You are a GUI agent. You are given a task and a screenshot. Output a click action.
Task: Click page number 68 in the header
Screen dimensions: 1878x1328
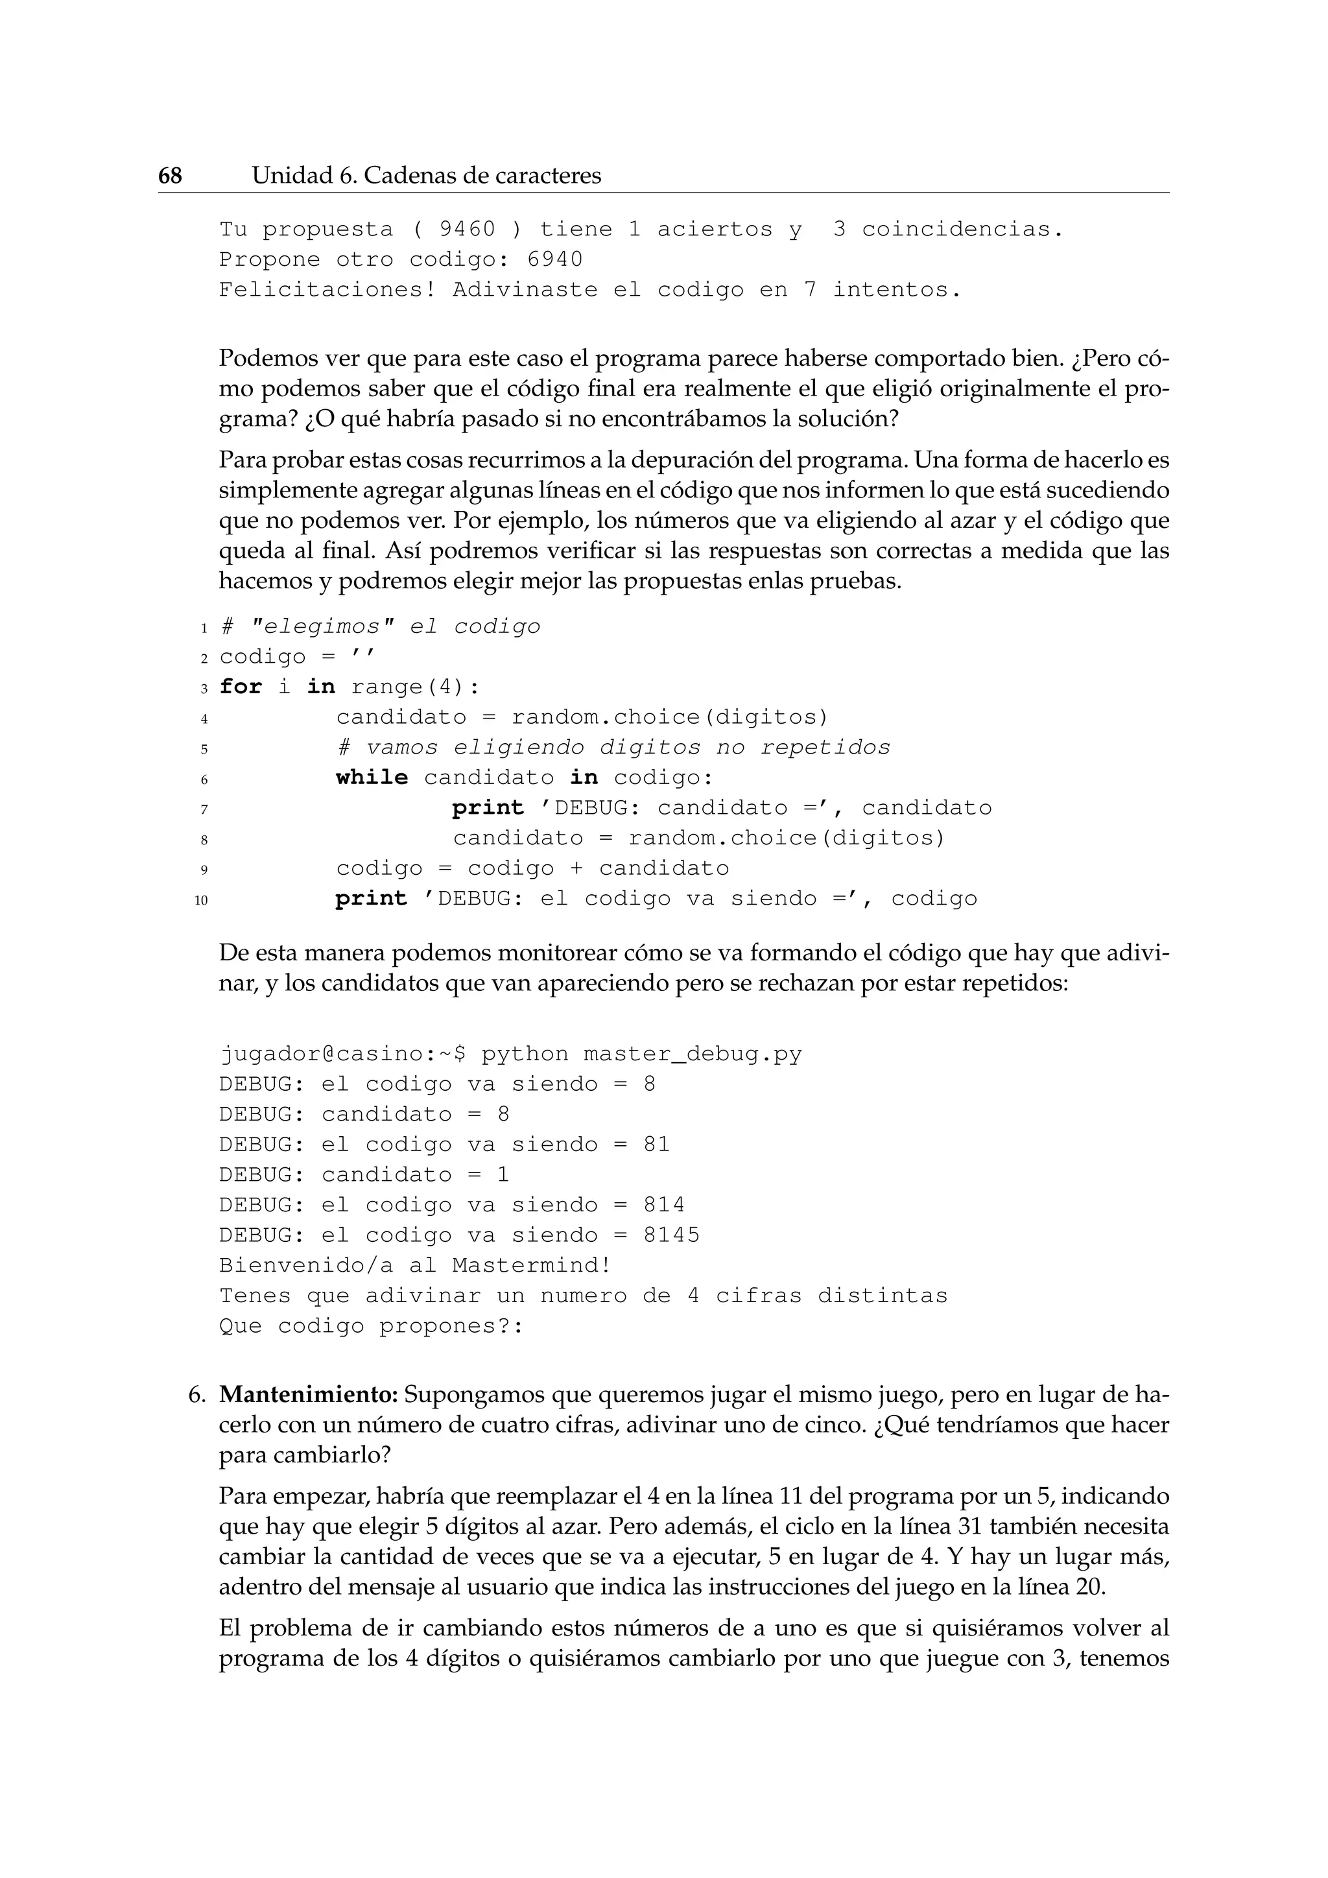tap(170, 175)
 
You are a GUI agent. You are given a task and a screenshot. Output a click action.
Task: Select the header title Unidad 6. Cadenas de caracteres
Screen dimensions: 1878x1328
tap(426, 175)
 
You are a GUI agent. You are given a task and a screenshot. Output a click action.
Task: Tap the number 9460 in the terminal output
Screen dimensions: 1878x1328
tap(467, 229)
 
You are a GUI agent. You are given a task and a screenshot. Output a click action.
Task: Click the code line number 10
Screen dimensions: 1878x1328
tap(201, 901)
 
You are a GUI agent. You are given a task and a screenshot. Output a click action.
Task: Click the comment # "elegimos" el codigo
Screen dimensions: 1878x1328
tap(380, 626)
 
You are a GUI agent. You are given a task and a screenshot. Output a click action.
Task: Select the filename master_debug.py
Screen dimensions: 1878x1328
tap(693, 1054)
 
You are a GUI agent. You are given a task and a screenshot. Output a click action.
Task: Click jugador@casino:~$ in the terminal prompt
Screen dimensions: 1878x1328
tap(342, 1054)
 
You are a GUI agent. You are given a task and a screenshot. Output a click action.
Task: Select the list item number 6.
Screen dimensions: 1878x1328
tap(196, 1395)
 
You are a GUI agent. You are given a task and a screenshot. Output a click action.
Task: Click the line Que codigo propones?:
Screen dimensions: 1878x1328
tap(370, 1326)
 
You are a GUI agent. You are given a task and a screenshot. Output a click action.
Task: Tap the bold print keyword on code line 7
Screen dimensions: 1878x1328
tap(488, 807)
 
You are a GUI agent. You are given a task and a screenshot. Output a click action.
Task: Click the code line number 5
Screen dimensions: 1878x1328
tap(204, 749)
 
